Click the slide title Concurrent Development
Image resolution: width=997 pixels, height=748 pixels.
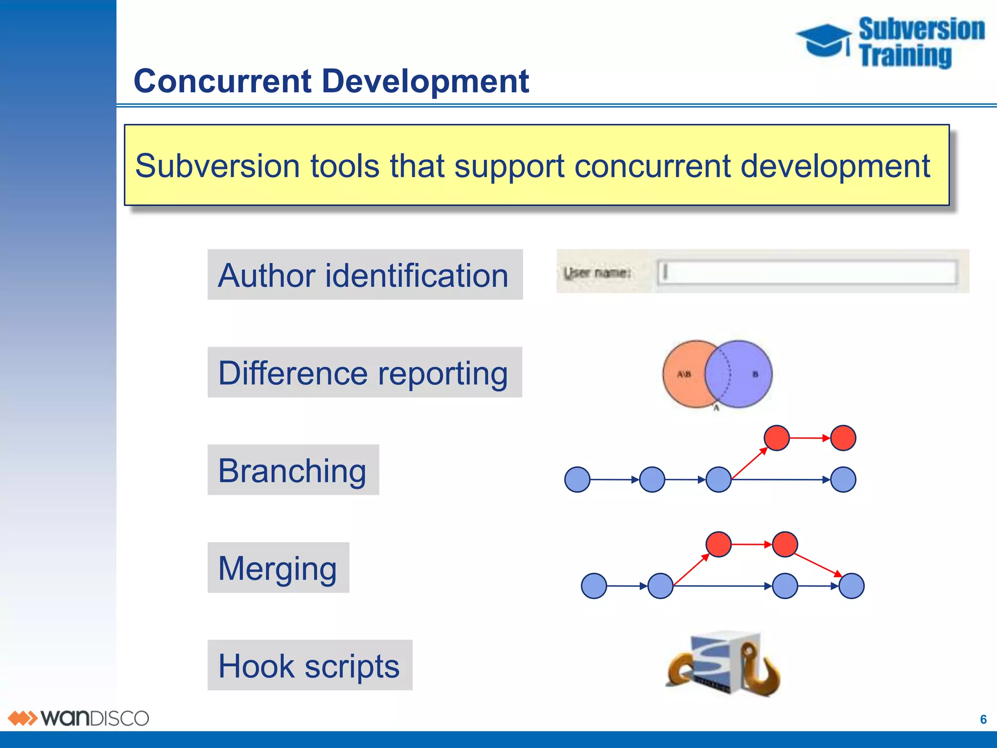click(331, 81)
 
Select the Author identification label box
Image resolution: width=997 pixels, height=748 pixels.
click(365, 275)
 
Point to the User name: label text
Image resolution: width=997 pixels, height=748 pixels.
click(597, 273)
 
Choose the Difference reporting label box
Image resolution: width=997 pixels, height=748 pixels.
click(365, 373)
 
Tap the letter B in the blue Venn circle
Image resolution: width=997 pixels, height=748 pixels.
click(755, 374)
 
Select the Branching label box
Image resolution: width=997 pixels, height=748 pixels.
click(293, 470)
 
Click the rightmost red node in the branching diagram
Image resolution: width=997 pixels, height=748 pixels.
click(843, 438)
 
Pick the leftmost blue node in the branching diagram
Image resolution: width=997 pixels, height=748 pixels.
click(577, 480)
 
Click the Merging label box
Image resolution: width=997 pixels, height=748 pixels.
click(278, 568)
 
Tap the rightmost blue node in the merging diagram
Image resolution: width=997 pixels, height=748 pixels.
click(851, 586)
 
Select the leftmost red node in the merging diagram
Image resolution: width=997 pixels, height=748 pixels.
click(719, 544)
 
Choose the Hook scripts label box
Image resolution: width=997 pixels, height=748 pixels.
click(310, 665)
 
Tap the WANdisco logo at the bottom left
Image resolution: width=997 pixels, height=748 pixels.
click(78, 718)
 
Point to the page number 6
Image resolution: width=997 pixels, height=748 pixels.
click(983, 719)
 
